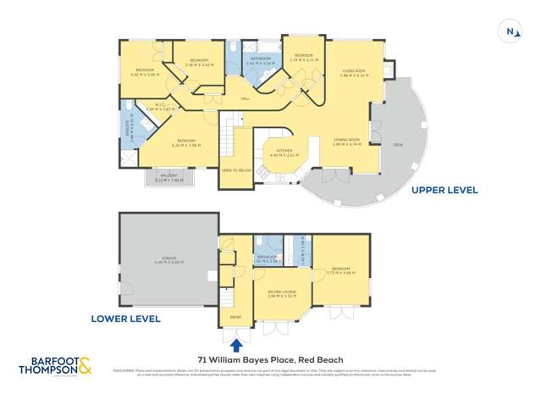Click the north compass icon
511,31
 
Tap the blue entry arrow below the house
235,345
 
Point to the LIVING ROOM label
352,72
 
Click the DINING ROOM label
347,141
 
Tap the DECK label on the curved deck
398,145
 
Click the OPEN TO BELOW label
236,170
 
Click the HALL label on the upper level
245,98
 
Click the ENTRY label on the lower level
235,318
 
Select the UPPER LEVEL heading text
444,191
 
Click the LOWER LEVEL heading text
125,320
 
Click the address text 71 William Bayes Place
270,359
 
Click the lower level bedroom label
342,270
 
